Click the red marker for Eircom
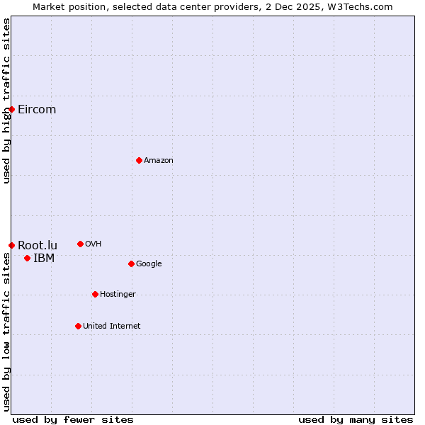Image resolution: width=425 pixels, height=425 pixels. (11, 109)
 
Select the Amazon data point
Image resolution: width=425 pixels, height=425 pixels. (139, 160)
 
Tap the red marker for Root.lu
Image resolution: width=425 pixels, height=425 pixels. (11, 245)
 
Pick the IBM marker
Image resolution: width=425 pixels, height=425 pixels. (27, 258)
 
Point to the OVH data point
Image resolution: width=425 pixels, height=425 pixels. (80, 244)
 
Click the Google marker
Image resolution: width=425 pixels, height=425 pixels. (131, 263)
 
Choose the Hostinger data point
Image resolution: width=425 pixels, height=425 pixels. (95, 294)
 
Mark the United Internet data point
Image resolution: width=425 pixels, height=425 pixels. (78, 326)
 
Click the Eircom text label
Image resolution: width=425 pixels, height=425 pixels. (37, 109)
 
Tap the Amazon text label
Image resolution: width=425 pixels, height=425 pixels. (159, 160)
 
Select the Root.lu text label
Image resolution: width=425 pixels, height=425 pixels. (38, 245)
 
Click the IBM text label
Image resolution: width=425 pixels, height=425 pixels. (44, 258)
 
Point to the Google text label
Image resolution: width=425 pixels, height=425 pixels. (149, 263)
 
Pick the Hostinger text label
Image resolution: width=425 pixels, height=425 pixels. (118, 294)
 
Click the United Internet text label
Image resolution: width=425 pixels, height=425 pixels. (111, 326)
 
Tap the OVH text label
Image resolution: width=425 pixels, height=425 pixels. (93, 244)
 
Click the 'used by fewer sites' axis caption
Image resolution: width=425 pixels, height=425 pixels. (73, 419)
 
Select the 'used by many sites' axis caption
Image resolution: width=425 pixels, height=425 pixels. (356, 419)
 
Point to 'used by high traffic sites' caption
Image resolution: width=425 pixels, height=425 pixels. (6, 101)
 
